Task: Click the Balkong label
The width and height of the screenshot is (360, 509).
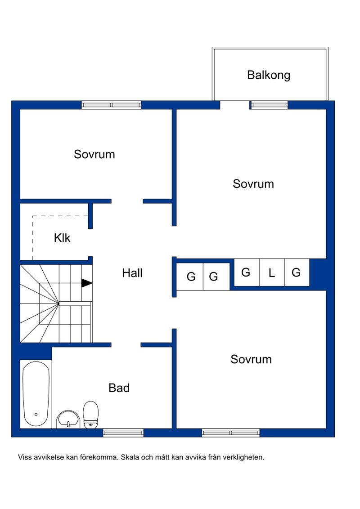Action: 269,75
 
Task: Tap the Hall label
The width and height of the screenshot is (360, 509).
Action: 132,273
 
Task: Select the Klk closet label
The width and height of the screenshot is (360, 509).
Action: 62,238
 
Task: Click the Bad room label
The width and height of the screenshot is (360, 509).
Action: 119,388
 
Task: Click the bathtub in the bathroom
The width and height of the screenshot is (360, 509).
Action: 36,394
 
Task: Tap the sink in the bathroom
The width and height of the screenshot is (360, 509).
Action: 68,419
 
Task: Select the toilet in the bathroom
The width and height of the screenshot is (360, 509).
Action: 91,415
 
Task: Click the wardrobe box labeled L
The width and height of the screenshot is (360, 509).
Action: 272,272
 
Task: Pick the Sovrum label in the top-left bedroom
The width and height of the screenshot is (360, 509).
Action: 94,154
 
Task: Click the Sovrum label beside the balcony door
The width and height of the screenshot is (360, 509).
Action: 253,184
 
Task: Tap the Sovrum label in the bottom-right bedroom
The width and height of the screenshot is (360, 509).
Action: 251,359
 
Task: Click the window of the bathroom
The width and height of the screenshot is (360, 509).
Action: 123,433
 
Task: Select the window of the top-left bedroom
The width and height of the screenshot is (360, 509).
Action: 111,105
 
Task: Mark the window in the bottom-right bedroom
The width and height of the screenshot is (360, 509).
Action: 231,433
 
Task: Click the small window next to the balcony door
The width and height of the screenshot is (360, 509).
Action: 270,105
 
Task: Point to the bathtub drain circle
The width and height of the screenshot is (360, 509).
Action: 36,414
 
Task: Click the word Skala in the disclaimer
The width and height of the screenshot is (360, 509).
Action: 130,457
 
